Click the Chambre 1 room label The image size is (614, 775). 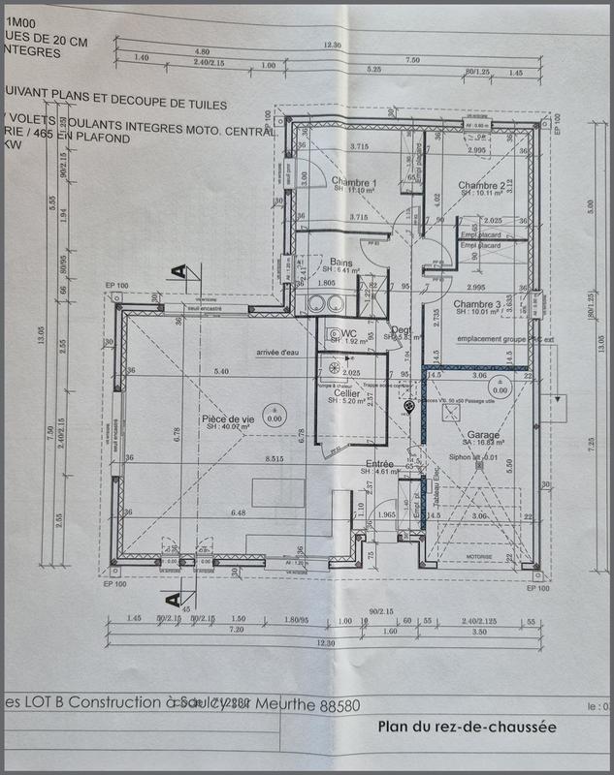(x=353, y=182)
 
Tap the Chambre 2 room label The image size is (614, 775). (x=482, y=185)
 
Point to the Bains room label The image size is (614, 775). (x=340, y=263)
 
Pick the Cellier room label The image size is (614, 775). (x=347, y=394)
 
